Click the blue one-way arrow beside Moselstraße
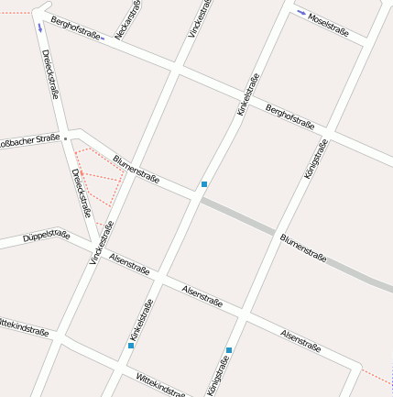[302, 13]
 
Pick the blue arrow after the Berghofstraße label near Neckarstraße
[101, 39]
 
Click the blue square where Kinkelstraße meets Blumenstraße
[204, 184]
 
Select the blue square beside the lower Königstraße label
[229, 350]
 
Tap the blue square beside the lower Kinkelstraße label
[131, 346]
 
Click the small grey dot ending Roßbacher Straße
[65, 138]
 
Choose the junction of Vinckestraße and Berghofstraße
[177, 67]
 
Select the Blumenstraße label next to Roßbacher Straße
[136, 167]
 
